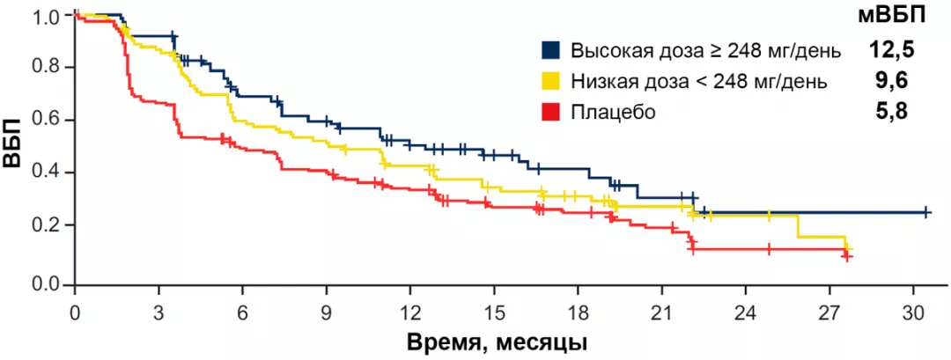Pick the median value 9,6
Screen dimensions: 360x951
891,81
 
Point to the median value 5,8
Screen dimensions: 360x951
891,112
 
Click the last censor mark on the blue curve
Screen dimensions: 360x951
926,212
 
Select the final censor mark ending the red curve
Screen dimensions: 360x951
846,257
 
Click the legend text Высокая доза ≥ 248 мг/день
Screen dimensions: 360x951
705,49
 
